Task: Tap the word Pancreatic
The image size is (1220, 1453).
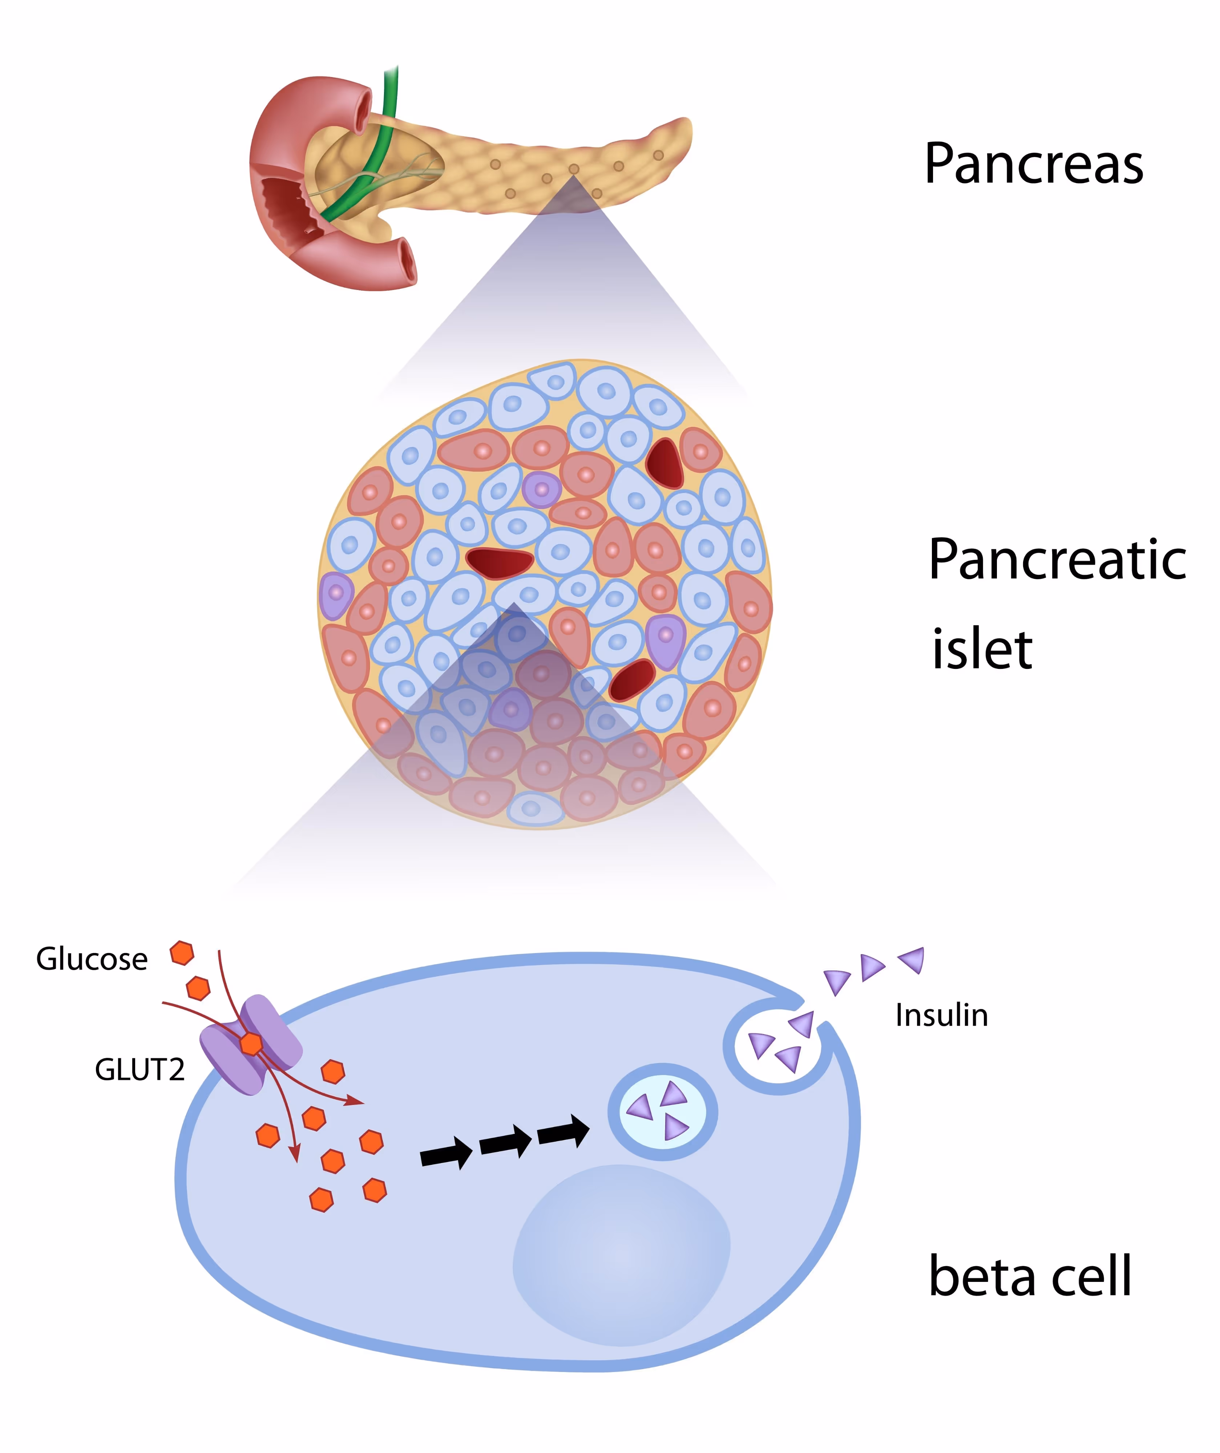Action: click(x=1057, y=560)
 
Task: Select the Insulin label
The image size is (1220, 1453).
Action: click(x=941, y=1016)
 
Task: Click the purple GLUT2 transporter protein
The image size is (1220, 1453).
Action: click(x=251, y=1045)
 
